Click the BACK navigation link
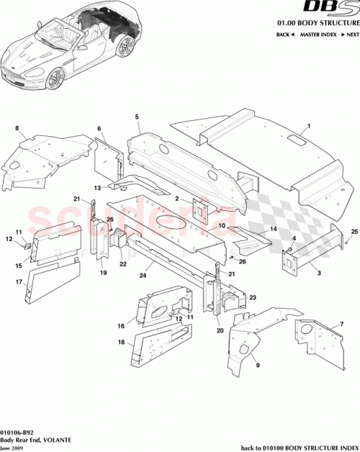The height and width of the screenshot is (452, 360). click(285, 35)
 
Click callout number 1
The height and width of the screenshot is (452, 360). click(307, 126)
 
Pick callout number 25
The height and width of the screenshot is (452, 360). click(354, 231)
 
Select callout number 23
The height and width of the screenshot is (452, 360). click(253, 297)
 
